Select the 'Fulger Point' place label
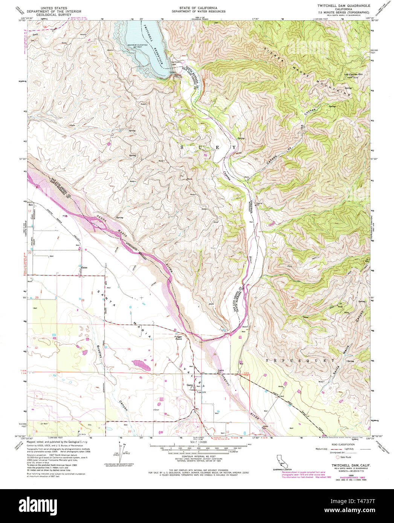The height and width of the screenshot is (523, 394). click(179, 338)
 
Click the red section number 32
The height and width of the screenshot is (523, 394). click(36, 348)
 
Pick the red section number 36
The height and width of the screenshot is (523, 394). click(215, 354)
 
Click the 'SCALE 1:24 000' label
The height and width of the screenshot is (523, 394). click(198, 441)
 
